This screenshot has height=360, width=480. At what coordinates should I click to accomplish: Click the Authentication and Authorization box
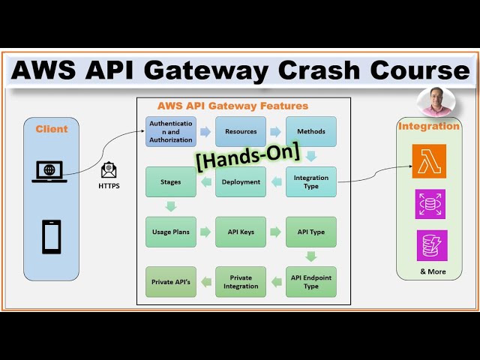170,131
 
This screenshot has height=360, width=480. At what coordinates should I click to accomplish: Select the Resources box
241,131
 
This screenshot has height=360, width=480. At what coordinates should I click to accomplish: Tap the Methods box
310,131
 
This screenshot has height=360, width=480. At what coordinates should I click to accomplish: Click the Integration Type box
310,181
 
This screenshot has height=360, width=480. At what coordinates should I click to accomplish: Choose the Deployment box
241,181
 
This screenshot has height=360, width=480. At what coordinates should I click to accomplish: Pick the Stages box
170,181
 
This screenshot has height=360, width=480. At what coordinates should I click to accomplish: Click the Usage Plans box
170,232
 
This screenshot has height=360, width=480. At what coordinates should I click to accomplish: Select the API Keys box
241,232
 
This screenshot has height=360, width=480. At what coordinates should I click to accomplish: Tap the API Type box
310,232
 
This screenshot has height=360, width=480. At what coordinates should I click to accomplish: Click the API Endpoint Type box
310,281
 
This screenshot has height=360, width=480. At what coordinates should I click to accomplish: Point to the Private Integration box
241,281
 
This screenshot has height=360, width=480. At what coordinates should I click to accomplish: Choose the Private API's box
170,281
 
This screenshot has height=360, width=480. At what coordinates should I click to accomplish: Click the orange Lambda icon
429,161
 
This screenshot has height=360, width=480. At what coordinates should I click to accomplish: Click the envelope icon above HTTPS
109,170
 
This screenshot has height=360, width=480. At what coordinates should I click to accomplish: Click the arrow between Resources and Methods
276,131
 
